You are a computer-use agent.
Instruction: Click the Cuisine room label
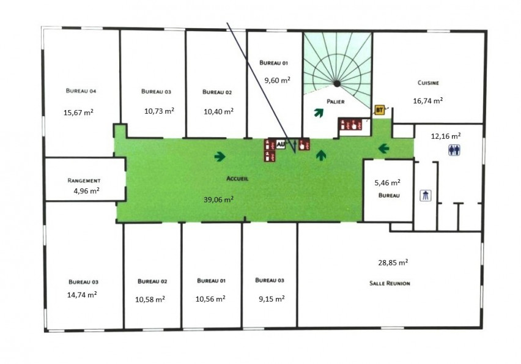428,83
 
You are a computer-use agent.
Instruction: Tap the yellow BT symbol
379,110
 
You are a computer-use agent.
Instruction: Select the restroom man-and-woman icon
454,150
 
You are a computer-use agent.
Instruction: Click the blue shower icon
426,195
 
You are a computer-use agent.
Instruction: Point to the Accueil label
237,179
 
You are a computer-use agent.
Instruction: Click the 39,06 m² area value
218,199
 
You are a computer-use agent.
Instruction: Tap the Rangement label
84,180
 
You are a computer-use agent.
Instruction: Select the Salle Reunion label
390,283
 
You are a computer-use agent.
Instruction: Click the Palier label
335,102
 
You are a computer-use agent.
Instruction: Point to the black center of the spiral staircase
337,83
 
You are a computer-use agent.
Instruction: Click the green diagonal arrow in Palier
319,113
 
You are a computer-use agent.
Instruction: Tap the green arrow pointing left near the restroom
384,148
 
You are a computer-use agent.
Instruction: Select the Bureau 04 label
81,91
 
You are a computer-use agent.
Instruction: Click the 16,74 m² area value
428,100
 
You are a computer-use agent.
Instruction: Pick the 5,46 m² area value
388,182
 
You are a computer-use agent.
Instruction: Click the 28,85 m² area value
393,262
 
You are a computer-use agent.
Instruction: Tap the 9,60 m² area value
278,80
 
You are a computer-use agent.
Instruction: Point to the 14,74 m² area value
82,294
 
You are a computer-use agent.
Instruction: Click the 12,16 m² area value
446,136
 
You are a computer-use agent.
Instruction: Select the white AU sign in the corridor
281,144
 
